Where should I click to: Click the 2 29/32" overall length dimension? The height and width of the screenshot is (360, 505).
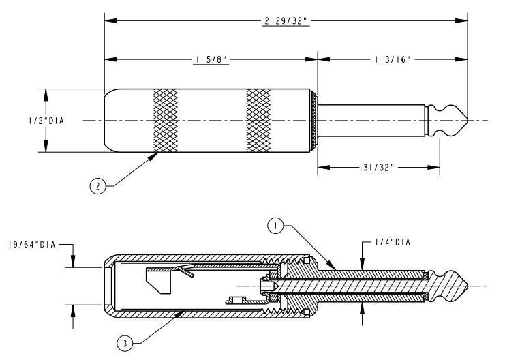pyautogui.click(x=286, y=21)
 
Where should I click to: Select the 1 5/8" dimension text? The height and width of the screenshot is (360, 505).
pyautogui.click(x=211, y=59)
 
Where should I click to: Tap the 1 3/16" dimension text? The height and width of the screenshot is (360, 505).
pyautogui.click(x=393, y=59)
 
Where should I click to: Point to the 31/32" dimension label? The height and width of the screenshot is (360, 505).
pyautogui.click(x=378, y=168)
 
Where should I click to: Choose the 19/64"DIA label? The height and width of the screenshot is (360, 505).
pyautogui.click(x=32, y=245)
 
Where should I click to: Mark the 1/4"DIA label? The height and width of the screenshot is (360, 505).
pyautogui.click(x=393, y=242)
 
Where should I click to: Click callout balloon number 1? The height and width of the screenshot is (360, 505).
pyautogui.click(x=275, y=226)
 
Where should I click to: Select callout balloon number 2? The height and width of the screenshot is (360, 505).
pyautogui.click(x=97, y=186)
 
